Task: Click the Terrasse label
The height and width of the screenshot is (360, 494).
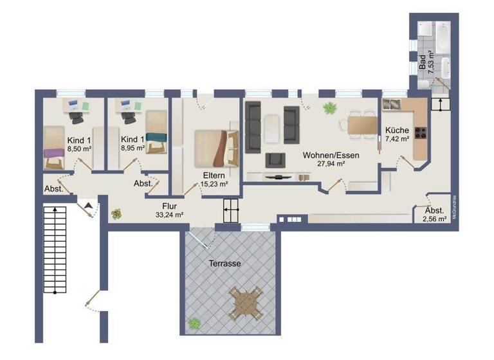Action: [x=224, y=264]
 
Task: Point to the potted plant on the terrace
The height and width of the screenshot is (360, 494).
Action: [x=193, y=323]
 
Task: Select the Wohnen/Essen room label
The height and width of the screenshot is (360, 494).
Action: [x=331, y=155]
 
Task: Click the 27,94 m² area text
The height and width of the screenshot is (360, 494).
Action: [x=331, y=164]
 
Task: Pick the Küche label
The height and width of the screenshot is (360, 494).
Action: [x=397, y=130]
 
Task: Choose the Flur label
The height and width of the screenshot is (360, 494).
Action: [x=170, y=206]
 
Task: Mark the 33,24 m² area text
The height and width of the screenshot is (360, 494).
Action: [x=170, y=215]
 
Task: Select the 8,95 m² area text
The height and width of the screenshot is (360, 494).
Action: [x=133, y=148]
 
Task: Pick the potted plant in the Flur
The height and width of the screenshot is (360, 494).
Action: [x=116, y=213]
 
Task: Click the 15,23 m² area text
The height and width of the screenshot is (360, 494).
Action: [x=214, y=184]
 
